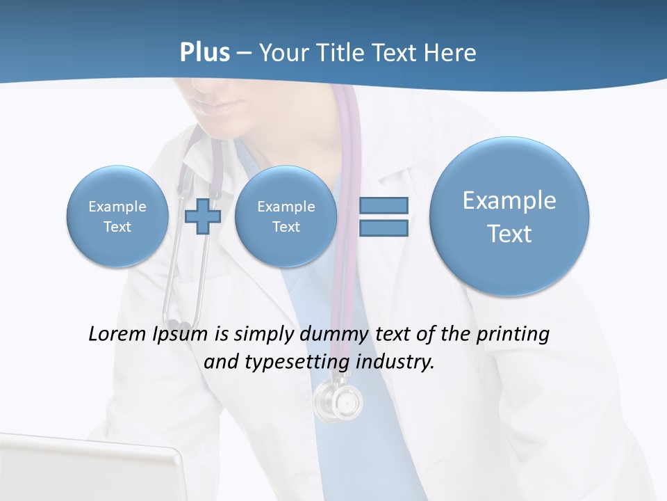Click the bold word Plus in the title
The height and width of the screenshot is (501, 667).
pyautogui.click(x=204, y=53)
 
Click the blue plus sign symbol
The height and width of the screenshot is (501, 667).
pyautogui.click(x=203, y=216)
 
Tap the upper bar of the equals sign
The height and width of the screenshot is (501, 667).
pyautogui.click(x=384, y=205)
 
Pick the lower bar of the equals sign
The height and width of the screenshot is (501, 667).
pyautogui.click(x=384, y=228)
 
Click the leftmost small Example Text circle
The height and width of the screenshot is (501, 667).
pyautogui.click(x=117, y=216)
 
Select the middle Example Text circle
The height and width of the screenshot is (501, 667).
pyautogui.click(x=286, y=216)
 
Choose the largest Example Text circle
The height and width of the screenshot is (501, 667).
pyautogui.click(x=509, y=216)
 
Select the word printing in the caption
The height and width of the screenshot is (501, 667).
pyautogui.click(x=513, y=334)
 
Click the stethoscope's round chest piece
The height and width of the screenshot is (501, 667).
pyautogui.click(x=338, y=401)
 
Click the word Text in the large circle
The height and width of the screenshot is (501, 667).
pyautogui.click(x=509, y=234)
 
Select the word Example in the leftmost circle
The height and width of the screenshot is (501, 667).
pyautogui.click(x=117, y=207)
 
